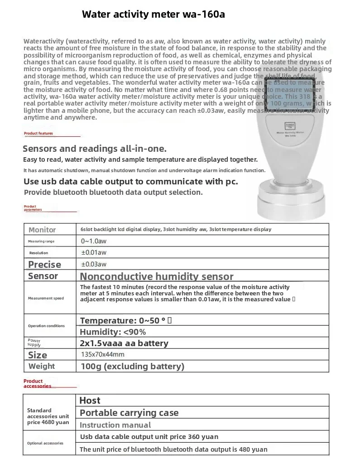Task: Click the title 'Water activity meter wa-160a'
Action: point(153,14)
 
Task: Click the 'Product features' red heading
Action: point(38,134)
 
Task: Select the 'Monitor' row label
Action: point(42,230)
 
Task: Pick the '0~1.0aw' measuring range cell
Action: point(94,241)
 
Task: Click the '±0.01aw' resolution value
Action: point(94,252)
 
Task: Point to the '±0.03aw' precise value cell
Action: point(94,264)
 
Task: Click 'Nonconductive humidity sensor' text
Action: point(157,276)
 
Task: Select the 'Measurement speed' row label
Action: point(46,298)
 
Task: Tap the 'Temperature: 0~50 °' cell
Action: point(125,321)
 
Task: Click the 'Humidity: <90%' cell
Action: point(113,332)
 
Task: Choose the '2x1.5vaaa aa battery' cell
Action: point(124,343)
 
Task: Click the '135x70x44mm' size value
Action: point(102,354)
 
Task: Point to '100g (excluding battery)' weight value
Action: point(133,366)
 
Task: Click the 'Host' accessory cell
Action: point(90,401)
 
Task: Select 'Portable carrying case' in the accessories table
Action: point(129,413)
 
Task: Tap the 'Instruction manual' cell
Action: point(115,425)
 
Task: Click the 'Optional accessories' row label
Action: point(45,443)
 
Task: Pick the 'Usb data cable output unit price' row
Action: point(149,437)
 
